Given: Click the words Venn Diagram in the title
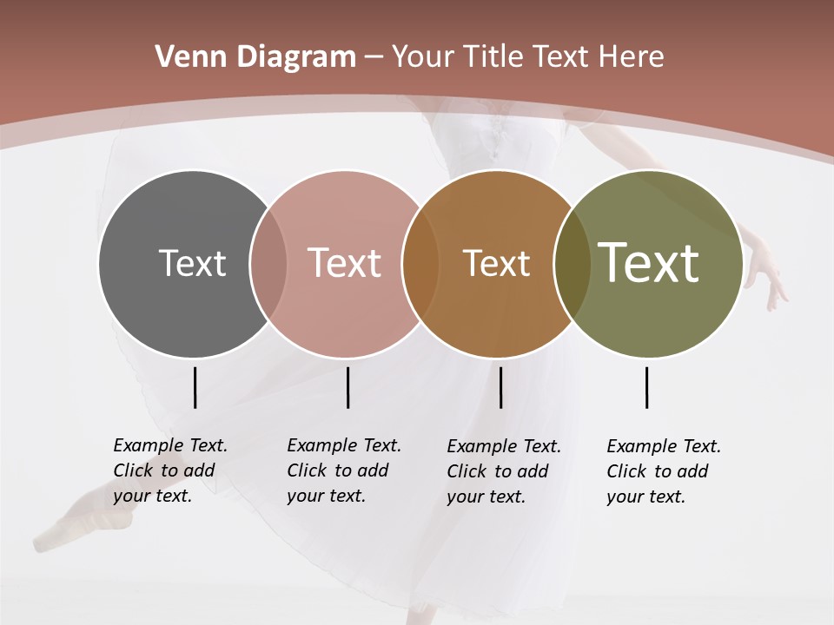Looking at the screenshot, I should [255, 57].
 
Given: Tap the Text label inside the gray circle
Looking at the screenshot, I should [192, 263].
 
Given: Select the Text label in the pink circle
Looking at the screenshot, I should [344, 263].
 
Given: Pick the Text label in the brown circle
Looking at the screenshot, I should [496, 263].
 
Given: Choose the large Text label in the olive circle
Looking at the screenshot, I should [649, 263].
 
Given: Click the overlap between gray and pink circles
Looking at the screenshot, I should [268, 263].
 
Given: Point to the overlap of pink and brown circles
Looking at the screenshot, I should [420, 263].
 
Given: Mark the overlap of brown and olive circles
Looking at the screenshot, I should [572, 263].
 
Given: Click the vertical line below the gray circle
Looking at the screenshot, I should [195, 387].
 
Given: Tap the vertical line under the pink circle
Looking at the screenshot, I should [347, 387].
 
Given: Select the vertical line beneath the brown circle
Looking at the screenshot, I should [500, 387].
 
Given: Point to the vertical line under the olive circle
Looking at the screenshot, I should [646, 387].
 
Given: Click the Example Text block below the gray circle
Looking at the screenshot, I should [169, 470].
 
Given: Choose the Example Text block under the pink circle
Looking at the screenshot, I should [343, 470].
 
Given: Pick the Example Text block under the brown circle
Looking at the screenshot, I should [503, 471].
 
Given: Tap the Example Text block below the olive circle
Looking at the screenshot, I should [663, 471].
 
